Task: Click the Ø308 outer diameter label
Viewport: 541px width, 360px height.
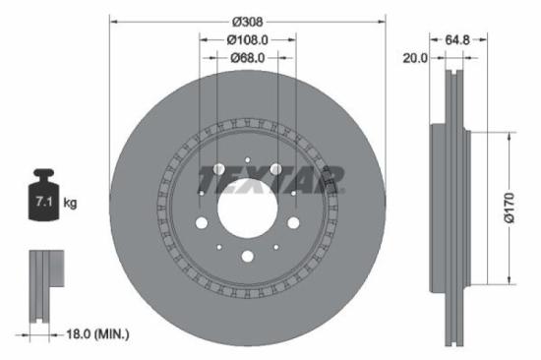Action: click(x=248, y=19)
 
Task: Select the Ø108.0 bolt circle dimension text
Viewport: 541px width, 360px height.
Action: click(x=248, y=40)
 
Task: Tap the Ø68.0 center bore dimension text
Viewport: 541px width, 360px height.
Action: click(x=248, y=58)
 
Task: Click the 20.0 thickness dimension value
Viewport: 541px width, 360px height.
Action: click(x=415, y=58)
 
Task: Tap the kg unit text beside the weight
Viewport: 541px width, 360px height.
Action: click(x=70, y=203)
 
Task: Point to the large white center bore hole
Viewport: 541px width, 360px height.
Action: click(x=247, y=210)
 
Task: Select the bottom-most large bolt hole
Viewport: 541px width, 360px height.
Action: click(x=247, y=257)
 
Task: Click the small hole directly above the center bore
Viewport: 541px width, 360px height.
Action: click(x=247, y=163)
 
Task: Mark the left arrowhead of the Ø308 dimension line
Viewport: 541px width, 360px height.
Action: click(x=112, y=19)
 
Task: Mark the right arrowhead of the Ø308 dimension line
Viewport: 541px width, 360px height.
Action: click(x=383, y=19)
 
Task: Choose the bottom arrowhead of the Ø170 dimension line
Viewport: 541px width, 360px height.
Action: click(x=509, y=278)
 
